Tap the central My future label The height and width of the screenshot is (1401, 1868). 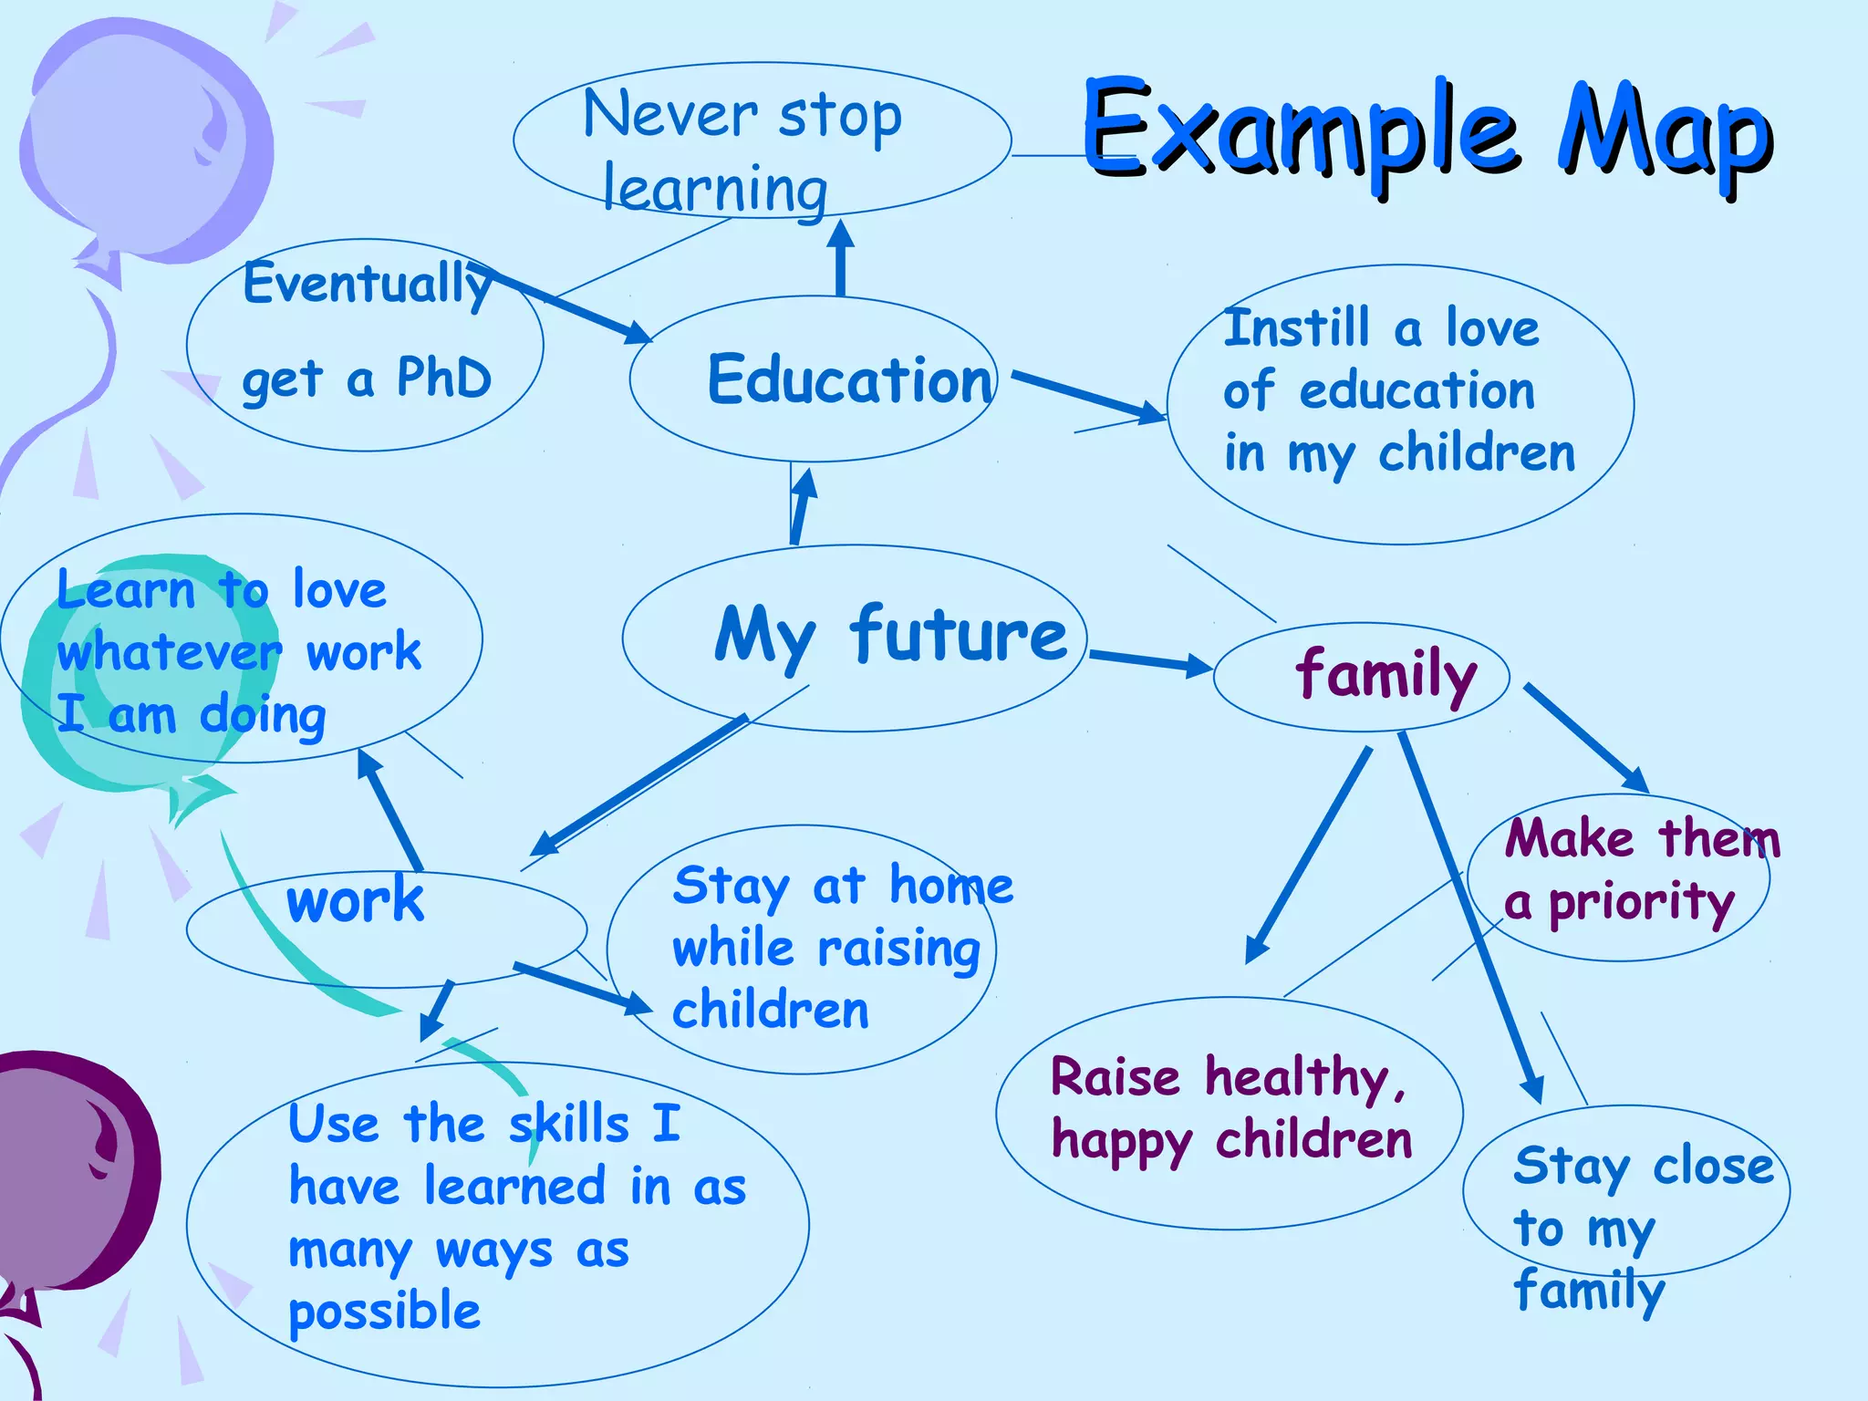pos(890,636)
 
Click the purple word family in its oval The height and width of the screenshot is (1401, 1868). pos(1385,676)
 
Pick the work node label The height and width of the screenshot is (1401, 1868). pos(355,900)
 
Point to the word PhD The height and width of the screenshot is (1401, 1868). pos(444,378)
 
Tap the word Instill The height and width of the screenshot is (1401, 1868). pos(1297,328)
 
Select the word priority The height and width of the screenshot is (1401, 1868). pos(1642,903)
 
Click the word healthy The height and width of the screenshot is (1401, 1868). pos(1304,1079)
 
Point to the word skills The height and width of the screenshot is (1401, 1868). pos(569,1124)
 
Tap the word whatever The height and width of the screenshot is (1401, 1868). pos(169,653)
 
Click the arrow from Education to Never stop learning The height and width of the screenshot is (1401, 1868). pos(840,258)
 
